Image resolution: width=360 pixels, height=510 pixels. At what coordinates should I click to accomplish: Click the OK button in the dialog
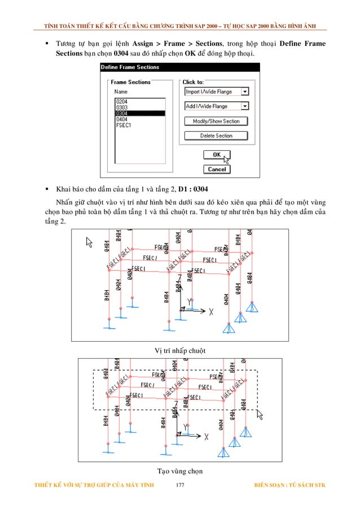coord(216,155)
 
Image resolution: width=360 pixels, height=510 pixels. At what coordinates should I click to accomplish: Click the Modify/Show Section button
coord(216,121)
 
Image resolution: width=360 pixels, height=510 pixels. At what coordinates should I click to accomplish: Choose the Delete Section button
coord(216,136)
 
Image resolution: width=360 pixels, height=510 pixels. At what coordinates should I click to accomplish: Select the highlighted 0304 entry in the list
coord(139,113)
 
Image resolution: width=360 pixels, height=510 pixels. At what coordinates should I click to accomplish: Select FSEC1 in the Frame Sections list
coord(124,125)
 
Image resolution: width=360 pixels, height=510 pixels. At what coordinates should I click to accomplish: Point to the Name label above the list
coord(121,91)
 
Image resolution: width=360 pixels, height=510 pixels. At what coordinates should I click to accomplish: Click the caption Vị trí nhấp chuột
coord(180,351)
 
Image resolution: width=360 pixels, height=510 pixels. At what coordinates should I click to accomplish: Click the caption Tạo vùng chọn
coord(180,470)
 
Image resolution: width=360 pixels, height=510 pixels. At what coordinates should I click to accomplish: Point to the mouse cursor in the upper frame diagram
coord(88,242)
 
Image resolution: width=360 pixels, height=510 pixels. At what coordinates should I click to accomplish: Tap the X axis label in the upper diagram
coord(211,311)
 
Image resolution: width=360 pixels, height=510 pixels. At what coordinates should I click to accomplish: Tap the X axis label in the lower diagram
coord(207,436)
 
